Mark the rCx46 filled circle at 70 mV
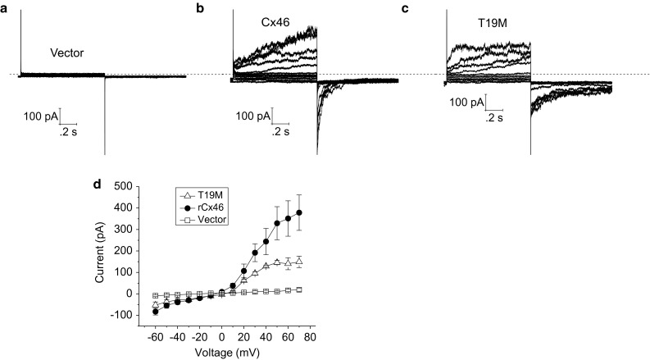pos(299,213)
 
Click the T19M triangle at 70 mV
pos(299,262)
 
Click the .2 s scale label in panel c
pos(493,118)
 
